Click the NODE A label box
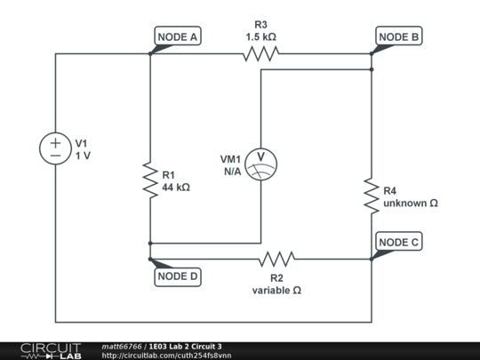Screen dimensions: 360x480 (178, 36)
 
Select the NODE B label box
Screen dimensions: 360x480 (399, 36)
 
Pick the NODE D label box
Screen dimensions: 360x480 (178, 276)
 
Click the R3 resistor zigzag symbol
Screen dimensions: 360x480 (261, 54)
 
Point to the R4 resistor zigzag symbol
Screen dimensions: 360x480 (371, 196)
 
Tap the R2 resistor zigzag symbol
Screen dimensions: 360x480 (277, 260)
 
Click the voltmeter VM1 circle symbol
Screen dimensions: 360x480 (260, 164)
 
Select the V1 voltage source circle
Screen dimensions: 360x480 (55, 148)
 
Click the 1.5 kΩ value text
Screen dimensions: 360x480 (261, 37)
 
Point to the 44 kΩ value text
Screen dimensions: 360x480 (176, 188)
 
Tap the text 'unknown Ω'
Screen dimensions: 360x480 (411, 203)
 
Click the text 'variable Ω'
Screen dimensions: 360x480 (277, 290)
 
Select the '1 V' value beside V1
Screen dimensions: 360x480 (83, 155)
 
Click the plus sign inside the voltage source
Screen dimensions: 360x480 (55, 141)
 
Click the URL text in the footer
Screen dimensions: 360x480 (167, 356)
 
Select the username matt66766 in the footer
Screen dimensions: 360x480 (123, 346)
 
